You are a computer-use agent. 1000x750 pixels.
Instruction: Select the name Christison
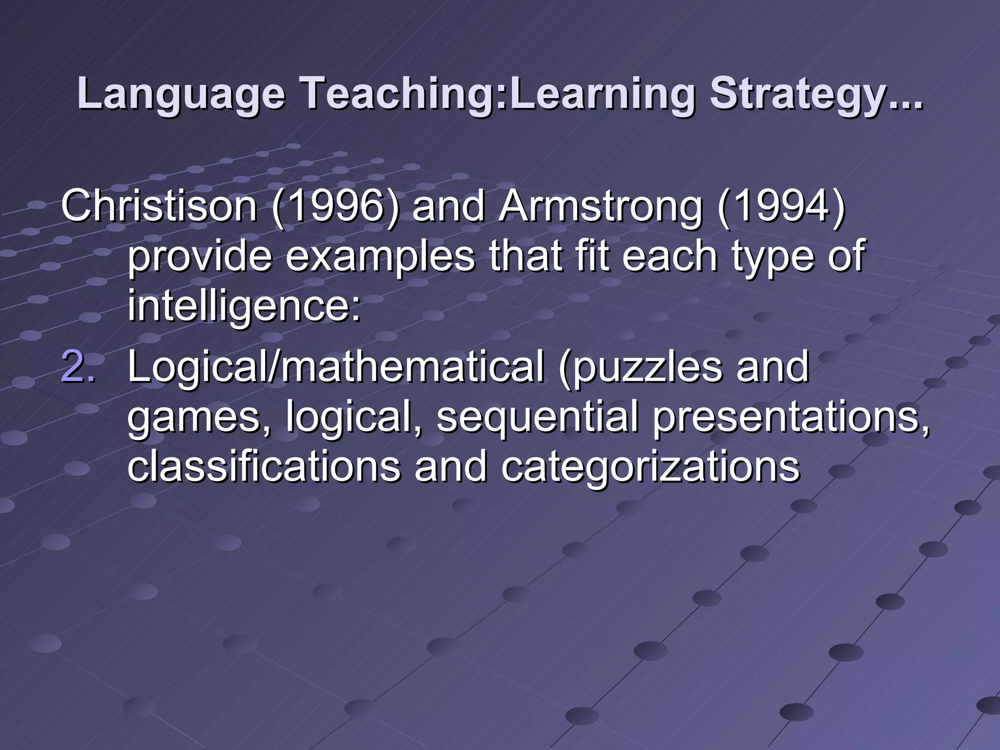[159, 206]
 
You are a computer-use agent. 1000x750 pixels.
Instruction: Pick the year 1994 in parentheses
[781, 206]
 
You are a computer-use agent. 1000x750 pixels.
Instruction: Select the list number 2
[78, 367]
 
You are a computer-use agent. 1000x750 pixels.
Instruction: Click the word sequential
[537, 419]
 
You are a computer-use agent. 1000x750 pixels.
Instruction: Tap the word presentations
[791, 419]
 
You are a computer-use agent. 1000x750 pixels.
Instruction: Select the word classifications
[264, 467]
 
